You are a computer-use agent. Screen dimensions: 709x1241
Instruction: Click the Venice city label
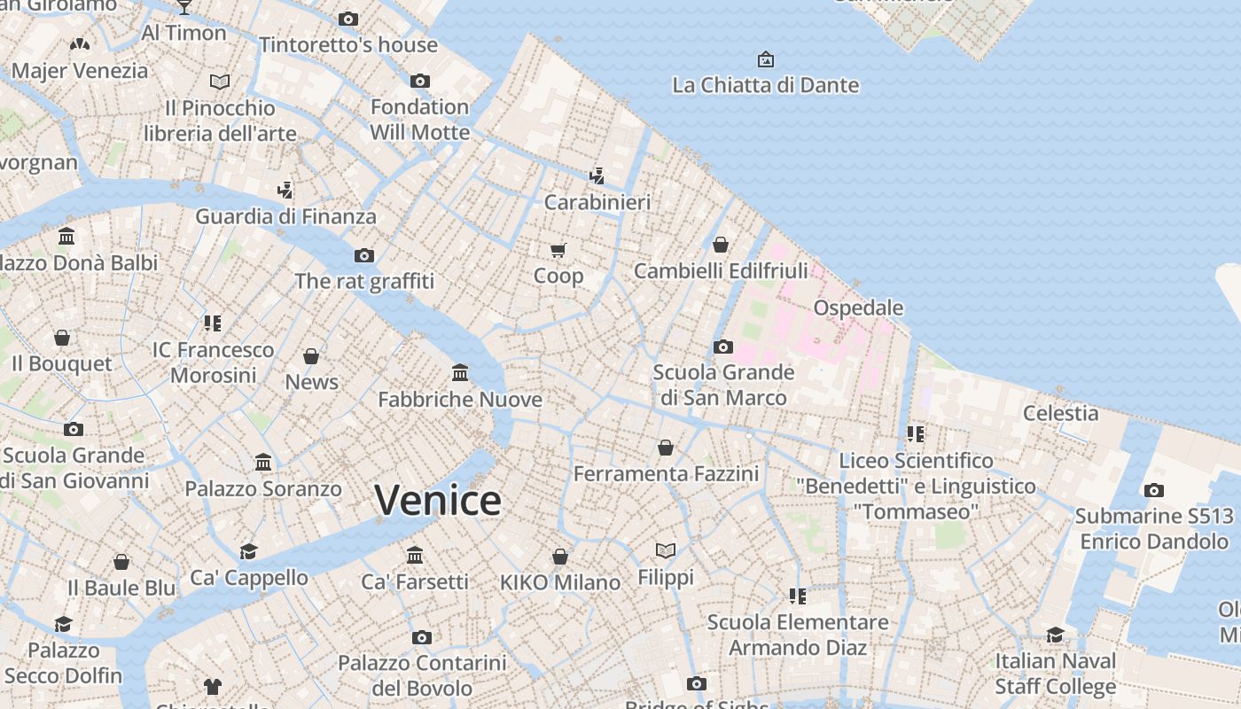pyautogui.click(x=438, y=501)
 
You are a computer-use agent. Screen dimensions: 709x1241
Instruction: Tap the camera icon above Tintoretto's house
pyautogui.click(x=348, y=19)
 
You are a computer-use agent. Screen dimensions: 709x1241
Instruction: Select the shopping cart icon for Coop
pyautogui.click(x=558, y=251)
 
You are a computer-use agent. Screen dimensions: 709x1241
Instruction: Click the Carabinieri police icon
pyautogui.click(x=597, y=175)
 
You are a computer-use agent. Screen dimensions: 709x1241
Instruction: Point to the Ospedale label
pyautogui.click(x=858, y=308)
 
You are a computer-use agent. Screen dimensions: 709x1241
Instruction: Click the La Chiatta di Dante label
pyautogui.click(x=765, y=85)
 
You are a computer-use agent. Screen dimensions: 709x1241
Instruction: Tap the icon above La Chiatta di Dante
pyautogui.click(x=765, y=59)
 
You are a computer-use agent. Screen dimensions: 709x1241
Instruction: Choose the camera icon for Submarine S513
pyautogui.click(x=1153, y=490)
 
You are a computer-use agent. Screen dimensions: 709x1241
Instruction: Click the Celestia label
pyautogui.click(x=1060, y=413)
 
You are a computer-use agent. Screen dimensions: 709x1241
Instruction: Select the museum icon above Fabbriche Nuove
pyautogui.click(x=460, y=372)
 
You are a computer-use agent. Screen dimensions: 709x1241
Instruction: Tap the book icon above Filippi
pyautogui.click(x=666, y=550)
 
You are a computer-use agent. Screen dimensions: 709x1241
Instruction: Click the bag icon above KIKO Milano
pyautogui.click(x=559, y=557)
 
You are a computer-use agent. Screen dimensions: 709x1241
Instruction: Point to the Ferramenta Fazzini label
pyautogui.click(x=666, y=474)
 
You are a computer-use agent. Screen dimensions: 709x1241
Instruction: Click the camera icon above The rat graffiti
pyautogui.click(x=363, y=255)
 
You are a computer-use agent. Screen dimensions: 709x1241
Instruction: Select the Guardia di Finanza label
pyautogui.click(x=285, y=216)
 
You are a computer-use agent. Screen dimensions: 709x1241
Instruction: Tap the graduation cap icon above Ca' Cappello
pyautogui.click(x=248, y=551)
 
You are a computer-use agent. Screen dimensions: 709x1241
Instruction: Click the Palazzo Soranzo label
pyautogui.click(x=262, y=488)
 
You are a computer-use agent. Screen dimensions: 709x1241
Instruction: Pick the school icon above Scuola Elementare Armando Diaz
pyautogui.click(x=797, y=596)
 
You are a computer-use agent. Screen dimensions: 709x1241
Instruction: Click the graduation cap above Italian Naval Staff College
pyautogui.click(x=1055, y=635)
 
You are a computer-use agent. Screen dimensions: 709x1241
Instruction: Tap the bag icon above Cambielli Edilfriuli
pyautogui.click(x=721, y=245)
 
